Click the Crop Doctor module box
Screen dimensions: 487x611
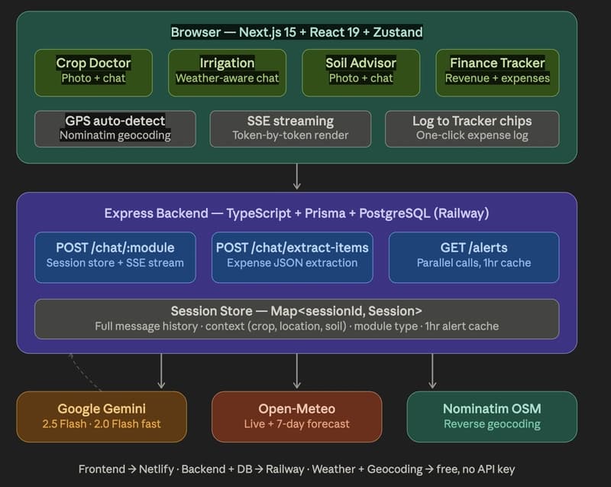tap(93, 73)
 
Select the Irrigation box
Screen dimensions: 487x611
tap(227, 73)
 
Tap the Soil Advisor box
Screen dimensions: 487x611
tap(360, 73)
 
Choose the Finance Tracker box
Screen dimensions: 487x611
tap(497, 73)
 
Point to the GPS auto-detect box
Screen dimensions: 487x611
tap(115, 128)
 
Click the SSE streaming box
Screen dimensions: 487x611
tap(290, 128)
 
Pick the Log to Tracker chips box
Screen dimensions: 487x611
tap(472, 128)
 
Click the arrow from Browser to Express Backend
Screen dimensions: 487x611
tap(296, 177)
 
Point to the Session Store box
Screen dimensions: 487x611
tap(296, 318)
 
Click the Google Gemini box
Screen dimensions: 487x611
tap(102, 417)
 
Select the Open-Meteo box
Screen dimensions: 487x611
tap(296, 417)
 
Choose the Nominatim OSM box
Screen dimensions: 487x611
tap(491, 417)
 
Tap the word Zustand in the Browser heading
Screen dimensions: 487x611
tap(396, 33)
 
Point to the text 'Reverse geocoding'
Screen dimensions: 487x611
tap(491, 424)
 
